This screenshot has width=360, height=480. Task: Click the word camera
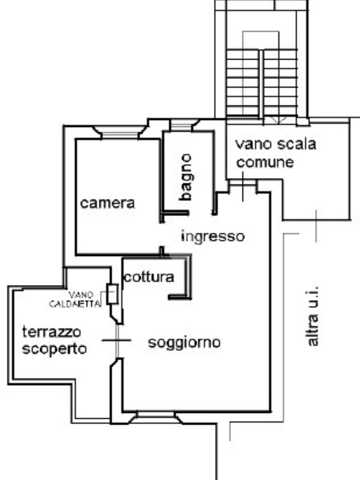(107, 203)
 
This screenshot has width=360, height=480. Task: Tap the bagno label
(186, 177)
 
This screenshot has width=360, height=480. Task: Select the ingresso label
(213, 236)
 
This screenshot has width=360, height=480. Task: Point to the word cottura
(149, 277)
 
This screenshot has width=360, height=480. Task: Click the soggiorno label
(184, 343)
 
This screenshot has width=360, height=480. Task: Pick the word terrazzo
(52, 332)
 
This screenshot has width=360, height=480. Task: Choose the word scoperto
(54, 349)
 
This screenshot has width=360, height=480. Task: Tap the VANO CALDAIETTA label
(75, 300)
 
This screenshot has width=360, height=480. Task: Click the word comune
(265, 162)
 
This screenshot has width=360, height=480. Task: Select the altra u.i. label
(313, 316)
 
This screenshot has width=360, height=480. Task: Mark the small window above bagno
(181, 126)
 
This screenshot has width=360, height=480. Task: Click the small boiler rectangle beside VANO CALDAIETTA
(112, 294)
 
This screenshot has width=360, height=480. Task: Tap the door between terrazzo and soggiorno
(117, 340)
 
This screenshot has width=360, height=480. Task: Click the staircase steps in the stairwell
(262, 82)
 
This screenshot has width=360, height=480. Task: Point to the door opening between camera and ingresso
(162, 234)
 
